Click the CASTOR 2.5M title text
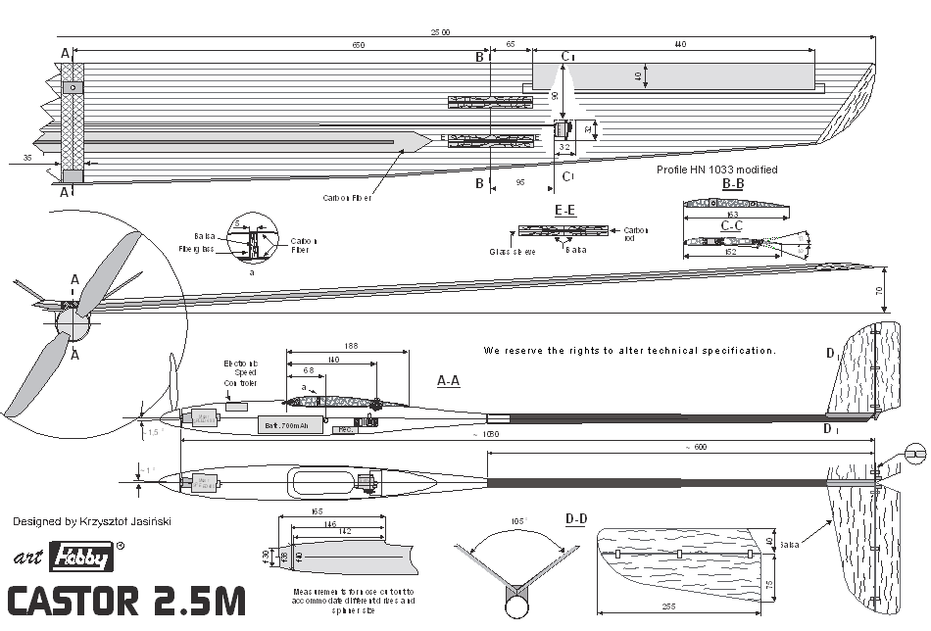[126, 601]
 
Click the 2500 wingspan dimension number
[441, 32]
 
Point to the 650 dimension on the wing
[359, 46]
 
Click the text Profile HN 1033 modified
[717, 170]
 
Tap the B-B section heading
[733, 183]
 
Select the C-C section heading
[731, 225]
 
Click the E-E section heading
[565, 211]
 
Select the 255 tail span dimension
[669, 607]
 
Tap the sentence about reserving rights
[629, 350]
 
